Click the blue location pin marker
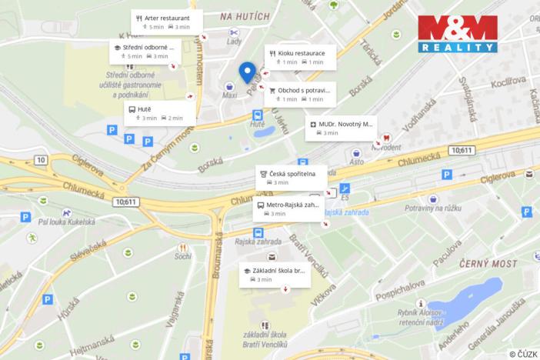[x=247, y=72]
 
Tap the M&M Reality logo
[x=457, y=34]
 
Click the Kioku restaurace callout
[x=299, y=57]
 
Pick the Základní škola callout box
[x=274, y=275]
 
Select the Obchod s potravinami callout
[x=299, y=94]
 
